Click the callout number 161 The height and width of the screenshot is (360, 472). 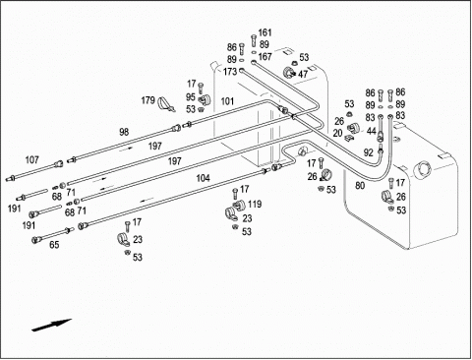click(265, 32)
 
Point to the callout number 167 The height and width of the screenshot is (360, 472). click(265, 57)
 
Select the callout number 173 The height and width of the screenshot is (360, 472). click(230, 72)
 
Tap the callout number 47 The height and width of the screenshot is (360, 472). click(303, 74)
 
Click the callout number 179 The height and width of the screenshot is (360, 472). click(147, 100)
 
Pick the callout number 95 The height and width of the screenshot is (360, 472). click(191, 97)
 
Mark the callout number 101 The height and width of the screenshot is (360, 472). click(227, 101)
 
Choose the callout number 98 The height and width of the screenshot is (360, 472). click(124, 132)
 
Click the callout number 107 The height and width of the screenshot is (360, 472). click(31, 160)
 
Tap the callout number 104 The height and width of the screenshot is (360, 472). click(203, 178)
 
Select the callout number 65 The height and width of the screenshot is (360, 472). click(54, 245)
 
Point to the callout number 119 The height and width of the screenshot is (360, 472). click(255, 205)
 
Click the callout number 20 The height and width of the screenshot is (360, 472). click(337, 133)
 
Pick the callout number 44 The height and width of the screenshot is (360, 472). click(371, 131)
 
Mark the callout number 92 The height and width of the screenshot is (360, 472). click(369, 152)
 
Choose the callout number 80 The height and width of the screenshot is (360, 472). click(360, 186)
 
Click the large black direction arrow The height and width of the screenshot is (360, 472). click(51, 325)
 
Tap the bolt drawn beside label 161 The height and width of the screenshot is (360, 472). click(254, 41)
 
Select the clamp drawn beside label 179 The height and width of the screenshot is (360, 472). click(165, 104)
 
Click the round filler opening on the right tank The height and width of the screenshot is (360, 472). click(423, 168)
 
